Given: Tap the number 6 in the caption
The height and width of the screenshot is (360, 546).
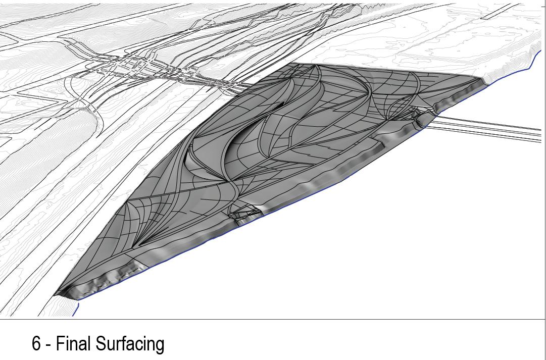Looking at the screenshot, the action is tap(36, 344).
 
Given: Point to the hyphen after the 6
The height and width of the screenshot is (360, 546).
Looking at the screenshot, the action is tap(48, 345).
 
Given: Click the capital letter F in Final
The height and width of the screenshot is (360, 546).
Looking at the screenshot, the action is tap(60, 344).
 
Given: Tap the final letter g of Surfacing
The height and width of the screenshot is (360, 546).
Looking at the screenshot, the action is tap(160, 346).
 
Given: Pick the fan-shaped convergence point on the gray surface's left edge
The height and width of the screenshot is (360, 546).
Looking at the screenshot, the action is tap(129, 202).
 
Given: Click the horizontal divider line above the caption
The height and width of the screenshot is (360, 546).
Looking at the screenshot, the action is tap(273, 319).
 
